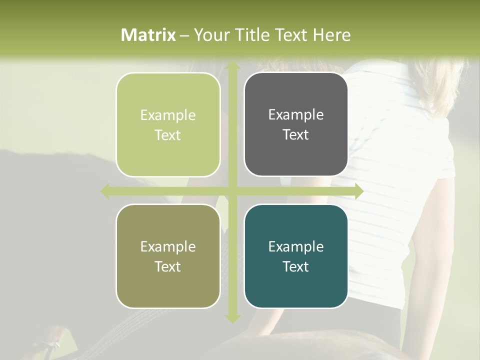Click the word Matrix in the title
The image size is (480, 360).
click(148, 35)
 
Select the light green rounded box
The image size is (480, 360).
click(168, 124)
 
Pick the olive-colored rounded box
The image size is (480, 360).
click(168, 256)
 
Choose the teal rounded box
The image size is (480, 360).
click(296, 256)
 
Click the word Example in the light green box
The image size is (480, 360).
click(168, 115)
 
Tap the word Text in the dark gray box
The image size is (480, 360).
click(296, 135)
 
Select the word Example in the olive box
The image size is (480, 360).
click(168, 247)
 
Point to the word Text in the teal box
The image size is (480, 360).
click(296, 266)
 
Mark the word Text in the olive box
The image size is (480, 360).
click(168, 266)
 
